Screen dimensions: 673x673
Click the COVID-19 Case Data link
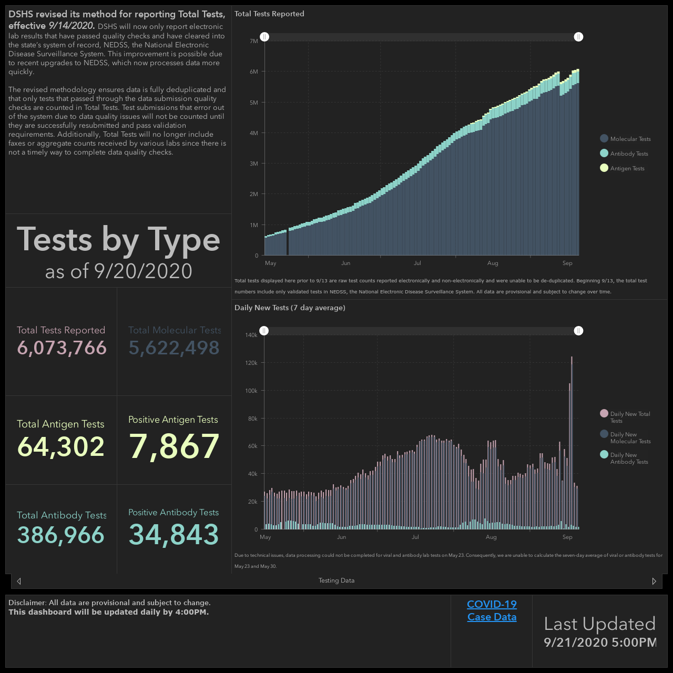[492, 610]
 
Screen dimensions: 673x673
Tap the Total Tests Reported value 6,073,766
[62, 348]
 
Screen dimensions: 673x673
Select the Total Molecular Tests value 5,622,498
[174, 348]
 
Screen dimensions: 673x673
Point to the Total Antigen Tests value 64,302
[61, 447]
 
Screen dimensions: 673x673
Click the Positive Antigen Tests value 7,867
[174, 446]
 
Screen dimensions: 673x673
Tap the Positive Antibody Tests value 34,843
[174, 534]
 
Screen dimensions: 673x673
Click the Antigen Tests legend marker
[604, 168]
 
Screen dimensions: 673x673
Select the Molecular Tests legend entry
[625, 139]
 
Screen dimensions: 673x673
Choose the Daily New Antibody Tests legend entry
[624, 458]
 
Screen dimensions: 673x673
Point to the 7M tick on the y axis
[253, 41]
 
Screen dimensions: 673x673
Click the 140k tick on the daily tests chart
[251, 335]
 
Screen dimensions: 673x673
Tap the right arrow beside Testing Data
[654, 581]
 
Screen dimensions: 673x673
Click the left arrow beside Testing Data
[19, 581]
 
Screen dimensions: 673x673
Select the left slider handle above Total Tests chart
[264, 37]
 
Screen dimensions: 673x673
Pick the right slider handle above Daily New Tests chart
[578, 331]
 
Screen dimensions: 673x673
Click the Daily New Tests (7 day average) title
[290, 308]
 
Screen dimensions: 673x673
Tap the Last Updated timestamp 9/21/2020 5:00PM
[600, 642]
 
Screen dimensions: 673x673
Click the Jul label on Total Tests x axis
[417, 263]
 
